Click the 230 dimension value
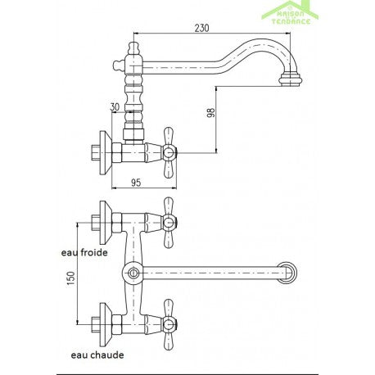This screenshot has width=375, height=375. [201, 28]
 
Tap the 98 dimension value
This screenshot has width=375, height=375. [211, 112]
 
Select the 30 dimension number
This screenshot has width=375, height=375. [115, 107]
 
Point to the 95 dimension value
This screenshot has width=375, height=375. [136, 183]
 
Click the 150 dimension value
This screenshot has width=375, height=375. [70, 278]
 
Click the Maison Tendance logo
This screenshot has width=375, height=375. [290, 13]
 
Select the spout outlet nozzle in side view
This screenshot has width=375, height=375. [291, 79]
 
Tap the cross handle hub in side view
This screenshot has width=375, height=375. [169, 152]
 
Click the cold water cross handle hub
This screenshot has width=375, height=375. [169, 223]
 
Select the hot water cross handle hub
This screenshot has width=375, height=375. [169, 324]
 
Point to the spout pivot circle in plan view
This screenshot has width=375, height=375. [133, 273]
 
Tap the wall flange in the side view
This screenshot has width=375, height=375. [105, 153]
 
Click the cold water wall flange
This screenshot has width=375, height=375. [105, 223]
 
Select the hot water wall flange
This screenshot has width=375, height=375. [105, 324]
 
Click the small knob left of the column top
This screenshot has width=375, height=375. [118, 66]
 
